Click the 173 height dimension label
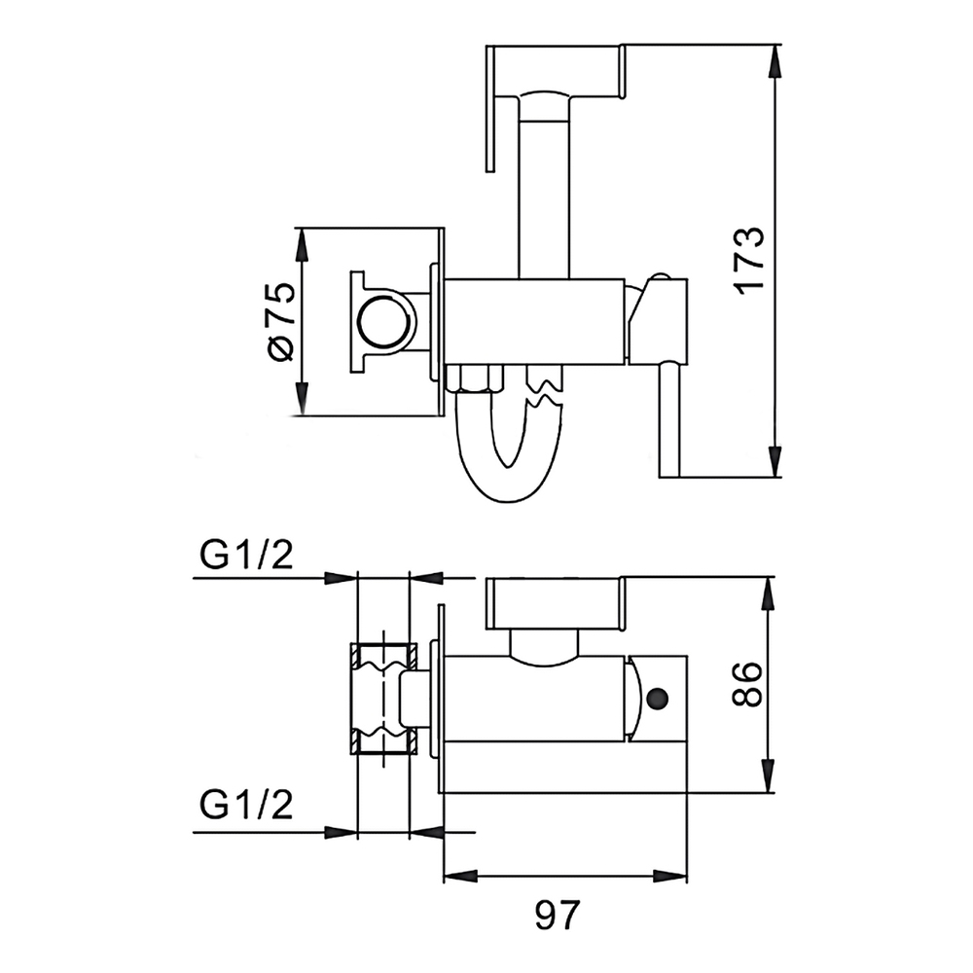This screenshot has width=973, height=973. tap(749, 260)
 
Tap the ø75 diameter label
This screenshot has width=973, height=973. tap(281, 321)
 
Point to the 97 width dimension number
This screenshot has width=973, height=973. tap(557, 915)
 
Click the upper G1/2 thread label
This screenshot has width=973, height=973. tap(246, 555)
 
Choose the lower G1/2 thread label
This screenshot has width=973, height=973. tap(246, 805)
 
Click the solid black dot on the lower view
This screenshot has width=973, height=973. tap(657, 699)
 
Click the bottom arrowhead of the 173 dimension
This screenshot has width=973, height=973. tap(774, 461)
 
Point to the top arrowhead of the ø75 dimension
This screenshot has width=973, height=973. tap(302, 244)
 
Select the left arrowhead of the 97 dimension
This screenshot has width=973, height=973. tap(461, 877)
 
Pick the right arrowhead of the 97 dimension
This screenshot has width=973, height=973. tap(670, 877)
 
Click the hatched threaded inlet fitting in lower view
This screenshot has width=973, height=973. tap(384, 700)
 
